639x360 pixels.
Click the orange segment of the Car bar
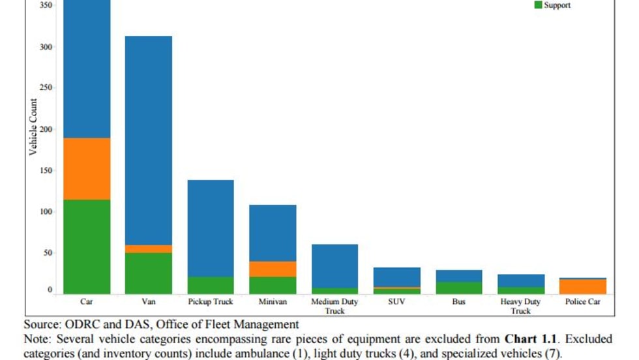pos(87,168)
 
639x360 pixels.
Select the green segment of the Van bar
pos(149,273)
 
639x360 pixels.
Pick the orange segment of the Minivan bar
pos(273,269)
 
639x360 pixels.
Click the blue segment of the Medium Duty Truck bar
pos(334,266)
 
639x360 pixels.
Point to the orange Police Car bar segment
pos(583,286)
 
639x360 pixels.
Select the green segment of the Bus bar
pos(458,288)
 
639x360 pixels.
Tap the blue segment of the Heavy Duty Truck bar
pos(521,280)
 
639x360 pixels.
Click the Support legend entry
pos(557,5)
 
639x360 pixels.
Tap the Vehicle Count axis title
pos(33,127)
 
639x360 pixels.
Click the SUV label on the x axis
pos(397,302)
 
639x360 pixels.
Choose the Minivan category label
pos(273,302)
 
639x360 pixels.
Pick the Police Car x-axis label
pos(583,302)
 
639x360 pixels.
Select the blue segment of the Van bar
pos(149,140)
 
